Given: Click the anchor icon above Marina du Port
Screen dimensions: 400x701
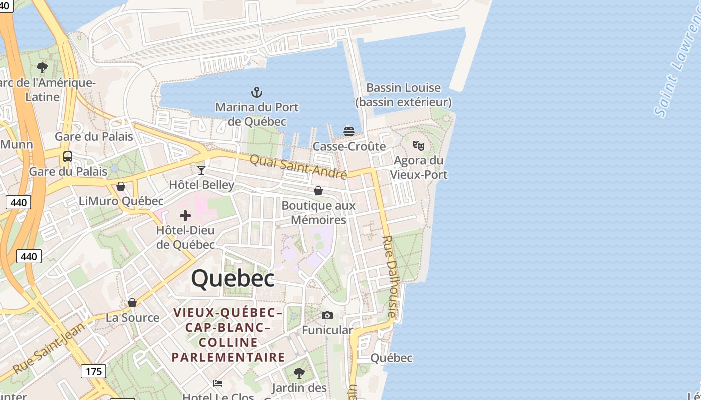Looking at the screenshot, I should tap(256, 92).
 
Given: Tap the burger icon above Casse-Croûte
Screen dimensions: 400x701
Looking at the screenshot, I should tap(349, 132).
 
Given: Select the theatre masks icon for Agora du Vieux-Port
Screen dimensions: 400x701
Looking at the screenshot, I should tap(419, 146).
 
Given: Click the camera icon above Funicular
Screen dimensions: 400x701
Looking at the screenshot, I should tap(327, 315).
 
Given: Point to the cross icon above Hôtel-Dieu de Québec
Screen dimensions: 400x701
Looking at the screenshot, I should tap(185, 216).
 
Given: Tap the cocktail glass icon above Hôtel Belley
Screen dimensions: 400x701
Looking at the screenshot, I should tap(201, 170).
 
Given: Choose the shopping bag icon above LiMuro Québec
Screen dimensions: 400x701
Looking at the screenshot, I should tap(121, 186).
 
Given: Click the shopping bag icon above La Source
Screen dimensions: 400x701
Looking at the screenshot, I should tap(132, 303).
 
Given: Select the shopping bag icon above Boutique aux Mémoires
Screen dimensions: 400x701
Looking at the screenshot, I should tap(318, 191).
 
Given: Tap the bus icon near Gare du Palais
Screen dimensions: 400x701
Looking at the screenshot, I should tap(68, 157).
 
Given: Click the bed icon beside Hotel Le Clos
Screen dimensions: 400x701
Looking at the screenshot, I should tap(218, 383).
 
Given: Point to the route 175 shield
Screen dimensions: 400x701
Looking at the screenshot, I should tap(94, 371).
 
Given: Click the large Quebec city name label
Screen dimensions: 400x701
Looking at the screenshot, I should tap(233, 278).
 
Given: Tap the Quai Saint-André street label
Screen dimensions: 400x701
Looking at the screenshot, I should tap(298, 167).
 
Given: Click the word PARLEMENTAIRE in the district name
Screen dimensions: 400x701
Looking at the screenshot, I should tap(228, 357).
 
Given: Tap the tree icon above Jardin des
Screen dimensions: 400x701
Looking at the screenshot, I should tap(299, 373).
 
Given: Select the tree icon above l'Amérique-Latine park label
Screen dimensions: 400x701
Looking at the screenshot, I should tap(43, 67).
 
